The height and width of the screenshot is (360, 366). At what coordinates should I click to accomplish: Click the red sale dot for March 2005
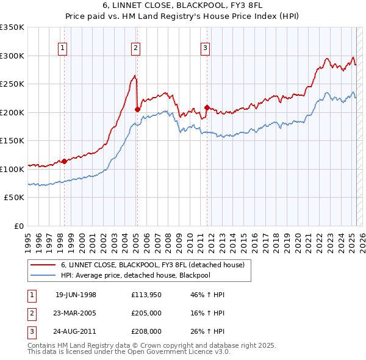coord(137,109)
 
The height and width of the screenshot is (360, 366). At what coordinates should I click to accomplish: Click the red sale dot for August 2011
coord(207,107)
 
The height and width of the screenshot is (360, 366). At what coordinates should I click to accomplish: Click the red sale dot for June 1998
coord(64,161)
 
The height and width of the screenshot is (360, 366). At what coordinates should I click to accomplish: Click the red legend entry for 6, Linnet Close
coord(152,265)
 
